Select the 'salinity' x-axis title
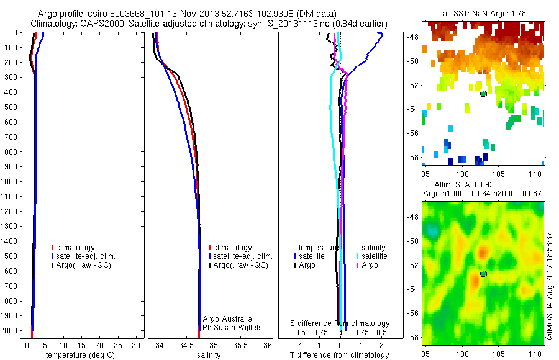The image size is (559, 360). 209,355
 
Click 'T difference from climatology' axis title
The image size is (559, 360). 340,355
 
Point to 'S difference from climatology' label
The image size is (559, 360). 340,323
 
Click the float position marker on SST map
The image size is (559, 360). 483,94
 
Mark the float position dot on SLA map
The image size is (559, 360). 483,274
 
